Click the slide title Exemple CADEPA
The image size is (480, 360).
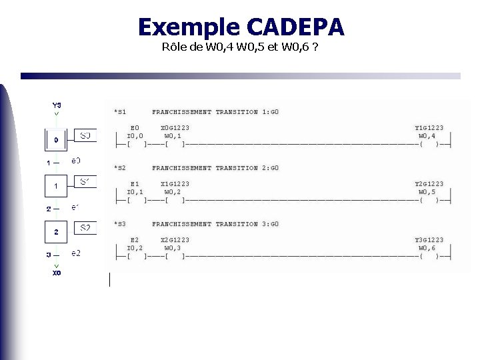pyautogui.click(x=241, y=27)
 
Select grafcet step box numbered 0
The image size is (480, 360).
pyautogui.click(x=56, y=140)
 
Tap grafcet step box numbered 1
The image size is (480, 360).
pyautogui.click(x=56, y=186)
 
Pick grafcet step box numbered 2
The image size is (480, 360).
pyautogui.click(x=56, y=232)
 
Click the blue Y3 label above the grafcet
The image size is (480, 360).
pyautogui.click(x=57, y=105)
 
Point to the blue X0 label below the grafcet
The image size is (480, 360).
pyautogui.click(x=57, y=273)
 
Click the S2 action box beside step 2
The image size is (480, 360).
pyautogui.click(x=85, y=228)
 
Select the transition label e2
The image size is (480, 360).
pyautogui.click(x=76, y=253)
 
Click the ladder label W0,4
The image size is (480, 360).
pyautogui.click(x=427, y=136)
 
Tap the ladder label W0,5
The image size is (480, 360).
pyautogui.click(x=427, y=192)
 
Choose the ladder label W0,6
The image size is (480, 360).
pyautogui.click(x=427, y=248)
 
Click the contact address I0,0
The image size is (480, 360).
pyautogui.click(x=135, y=136)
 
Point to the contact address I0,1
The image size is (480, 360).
pyautogui.click(x=135, y=192)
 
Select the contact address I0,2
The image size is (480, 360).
pyautogui.click(x=135, y=248)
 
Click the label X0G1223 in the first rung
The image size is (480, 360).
pyautogui.click(x=175, y=128)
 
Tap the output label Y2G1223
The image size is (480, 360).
pyautogui.click(x=429, y=184)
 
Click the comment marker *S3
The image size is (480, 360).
pyautogui.click(x=120, y=224)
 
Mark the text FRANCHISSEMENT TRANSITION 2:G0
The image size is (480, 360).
pyautogui.click(x=215, y=168)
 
